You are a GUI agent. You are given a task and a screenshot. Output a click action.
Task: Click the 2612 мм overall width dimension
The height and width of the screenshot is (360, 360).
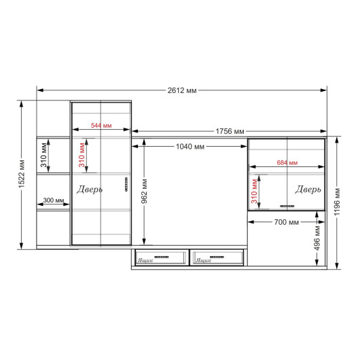182,90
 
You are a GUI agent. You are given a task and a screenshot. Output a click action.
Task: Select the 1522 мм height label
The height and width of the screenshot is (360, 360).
22,174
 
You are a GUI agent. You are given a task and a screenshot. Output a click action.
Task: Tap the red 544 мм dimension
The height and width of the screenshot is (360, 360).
101,126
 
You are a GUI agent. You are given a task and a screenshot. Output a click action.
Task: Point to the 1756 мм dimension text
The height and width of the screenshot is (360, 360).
230,131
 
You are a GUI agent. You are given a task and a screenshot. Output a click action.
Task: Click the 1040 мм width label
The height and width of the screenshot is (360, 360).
190,147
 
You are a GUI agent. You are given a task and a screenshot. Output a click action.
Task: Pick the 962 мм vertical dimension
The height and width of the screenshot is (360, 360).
144,192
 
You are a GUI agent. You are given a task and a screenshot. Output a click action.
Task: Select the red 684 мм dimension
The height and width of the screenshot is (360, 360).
287,162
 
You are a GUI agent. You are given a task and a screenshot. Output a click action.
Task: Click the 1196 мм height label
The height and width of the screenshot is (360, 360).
337,202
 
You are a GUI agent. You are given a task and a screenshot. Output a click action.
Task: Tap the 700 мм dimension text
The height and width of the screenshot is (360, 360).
287,222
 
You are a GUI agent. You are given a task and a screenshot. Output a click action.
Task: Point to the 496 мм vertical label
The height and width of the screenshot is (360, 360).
317,238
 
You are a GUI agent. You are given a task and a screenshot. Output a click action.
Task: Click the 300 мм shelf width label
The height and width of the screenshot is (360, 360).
54,200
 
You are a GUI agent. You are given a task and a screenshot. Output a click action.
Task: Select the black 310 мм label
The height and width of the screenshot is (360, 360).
43,155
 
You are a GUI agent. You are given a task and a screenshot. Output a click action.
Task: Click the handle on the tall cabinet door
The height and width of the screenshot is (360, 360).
126,184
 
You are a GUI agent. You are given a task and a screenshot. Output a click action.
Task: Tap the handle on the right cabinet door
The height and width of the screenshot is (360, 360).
287,206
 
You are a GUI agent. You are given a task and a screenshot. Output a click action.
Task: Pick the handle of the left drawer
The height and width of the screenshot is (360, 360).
162,257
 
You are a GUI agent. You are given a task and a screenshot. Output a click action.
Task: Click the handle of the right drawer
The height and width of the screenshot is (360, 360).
217,257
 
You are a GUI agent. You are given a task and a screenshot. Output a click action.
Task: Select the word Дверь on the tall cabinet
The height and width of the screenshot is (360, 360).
90,190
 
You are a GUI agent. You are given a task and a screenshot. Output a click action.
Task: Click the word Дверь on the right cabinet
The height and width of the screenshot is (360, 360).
308,190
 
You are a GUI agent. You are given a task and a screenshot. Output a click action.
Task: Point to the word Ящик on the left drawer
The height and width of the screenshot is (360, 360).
145,260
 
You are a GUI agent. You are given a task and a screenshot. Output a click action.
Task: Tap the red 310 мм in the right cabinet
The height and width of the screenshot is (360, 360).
254,191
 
